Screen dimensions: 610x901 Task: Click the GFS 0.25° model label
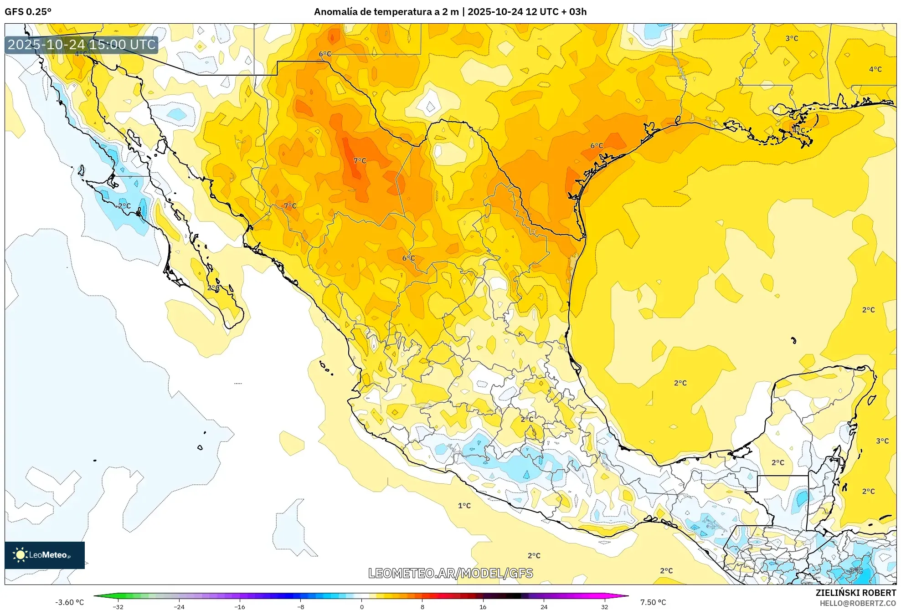click(x=28, y=12)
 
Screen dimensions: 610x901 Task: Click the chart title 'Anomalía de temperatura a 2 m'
click(x=386, y=12)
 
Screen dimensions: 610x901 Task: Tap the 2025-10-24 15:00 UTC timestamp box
click(x=82, y=45)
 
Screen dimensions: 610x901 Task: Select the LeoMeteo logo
click(x=45, y=555)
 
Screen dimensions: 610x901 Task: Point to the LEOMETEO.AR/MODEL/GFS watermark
click(x=450, y=573)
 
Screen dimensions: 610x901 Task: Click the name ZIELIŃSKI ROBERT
click(x=855, y=593)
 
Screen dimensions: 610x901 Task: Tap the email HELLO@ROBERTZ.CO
click(x=858, y=603)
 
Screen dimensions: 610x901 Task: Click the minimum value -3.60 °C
click(x=70, y=602)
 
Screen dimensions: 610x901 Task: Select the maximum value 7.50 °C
click(x=653, y=602)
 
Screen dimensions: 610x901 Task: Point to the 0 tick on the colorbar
click(x=362, y=607)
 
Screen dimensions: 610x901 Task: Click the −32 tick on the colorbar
click(x=118, y=607)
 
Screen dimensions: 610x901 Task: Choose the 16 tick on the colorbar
click(x=483, y=607)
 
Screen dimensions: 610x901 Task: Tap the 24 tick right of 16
click(x=544, y=607)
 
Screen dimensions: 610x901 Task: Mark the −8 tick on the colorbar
click(x=301, y=607)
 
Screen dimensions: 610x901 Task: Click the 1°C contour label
click(x=464, y=506)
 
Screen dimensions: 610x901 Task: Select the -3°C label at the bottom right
click(x=855, y=570)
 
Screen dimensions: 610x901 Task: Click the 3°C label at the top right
click(x=792, y=39)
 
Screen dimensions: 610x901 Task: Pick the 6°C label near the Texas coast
click(x=597, y=146)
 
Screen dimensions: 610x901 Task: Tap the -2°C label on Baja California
click(x=123, y=206)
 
